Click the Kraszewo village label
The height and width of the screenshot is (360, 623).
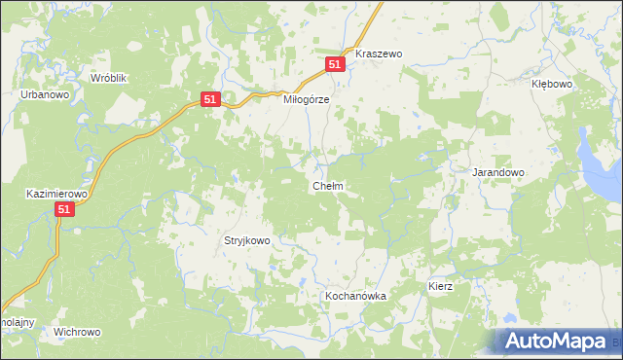click(379, 54)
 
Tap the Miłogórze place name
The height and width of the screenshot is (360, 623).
click(307, 99)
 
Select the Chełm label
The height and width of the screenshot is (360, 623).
click(326, 185)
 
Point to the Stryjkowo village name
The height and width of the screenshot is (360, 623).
click(246, 238)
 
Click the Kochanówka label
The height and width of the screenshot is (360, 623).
click(355, 295)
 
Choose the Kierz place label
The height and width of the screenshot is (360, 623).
click(441, 288)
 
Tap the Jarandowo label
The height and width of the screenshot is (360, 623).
click(498, 172)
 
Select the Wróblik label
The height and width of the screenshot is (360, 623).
click(109, 77)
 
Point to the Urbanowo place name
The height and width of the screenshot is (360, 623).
click(44, 94)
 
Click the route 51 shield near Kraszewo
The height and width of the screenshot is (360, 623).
click(335, 64)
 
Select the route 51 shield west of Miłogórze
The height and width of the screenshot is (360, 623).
click(211, 99)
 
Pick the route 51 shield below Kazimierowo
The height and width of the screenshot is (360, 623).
click(64, 209)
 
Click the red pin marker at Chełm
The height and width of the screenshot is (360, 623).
click(326, 176)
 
